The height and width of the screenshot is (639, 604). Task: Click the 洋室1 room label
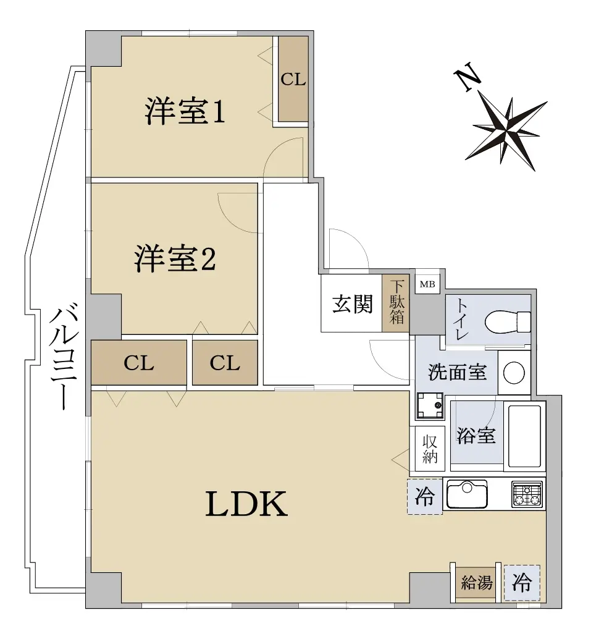[185, 112]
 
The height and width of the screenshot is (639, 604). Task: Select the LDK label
[247, 504]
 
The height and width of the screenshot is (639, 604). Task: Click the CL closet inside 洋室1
[293, 79]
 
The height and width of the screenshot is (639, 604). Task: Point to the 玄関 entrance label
[352, 303]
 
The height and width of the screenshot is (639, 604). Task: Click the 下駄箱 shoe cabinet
[396, 303]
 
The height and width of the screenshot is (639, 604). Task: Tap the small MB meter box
[427, 284]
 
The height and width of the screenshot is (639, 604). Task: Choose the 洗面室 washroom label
[457, 372]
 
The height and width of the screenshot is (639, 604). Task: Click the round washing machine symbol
[514, 373]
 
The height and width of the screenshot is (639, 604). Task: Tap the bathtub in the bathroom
[524, 436]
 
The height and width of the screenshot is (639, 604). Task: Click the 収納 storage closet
[430, 449]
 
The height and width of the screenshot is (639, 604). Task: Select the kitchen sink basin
[467, 494]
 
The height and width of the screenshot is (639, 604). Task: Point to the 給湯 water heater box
[476, 583]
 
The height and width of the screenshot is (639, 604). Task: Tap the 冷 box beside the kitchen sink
[425, 496]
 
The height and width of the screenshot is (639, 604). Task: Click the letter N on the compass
[467, 77]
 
